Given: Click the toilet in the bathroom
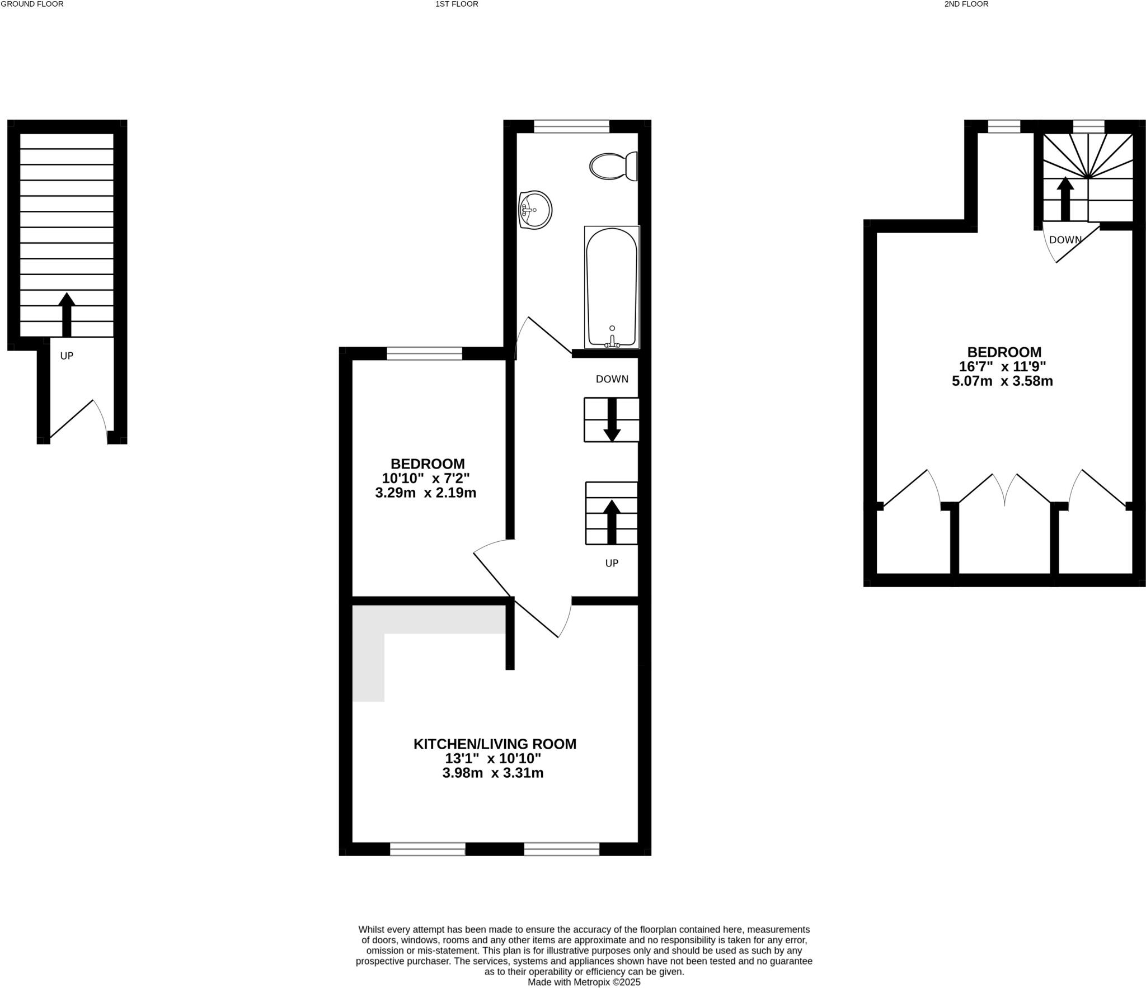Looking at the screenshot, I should coord(613,166).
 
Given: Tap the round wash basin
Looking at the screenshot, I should coord(535,210).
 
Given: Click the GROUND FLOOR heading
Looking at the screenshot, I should coord(32,4).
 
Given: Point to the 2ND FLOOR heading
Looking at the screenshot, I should coord(966,4).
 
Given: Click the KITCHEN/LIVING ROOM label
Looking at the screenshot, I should coord(495,744).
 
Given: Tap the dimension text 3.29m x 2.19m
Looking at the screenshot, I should coord(425,493).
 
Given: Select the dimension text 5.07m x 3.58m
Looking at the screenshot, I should coord(1002,381).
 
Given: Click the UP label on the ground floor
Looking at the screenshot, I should coord(67,356).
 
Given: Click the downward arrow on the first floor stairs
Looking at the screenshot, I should coord(612,420).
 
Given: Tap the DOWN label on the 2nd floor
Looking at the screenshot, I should coord(1065,240).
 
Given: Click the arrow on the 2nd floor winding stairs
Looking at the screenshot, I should coord(1065,198).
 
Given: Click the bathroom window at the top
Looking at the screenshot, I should coord(571,126).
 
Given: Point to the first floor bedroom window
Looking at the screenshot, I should coord(424,353).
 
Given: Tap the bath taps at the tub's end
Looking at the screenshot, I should coord(612,342).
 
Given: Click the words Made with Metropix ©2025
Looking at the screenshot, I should coord(584,982).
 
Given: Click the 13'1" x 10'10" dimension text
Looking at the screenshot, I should coord(493,759).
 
